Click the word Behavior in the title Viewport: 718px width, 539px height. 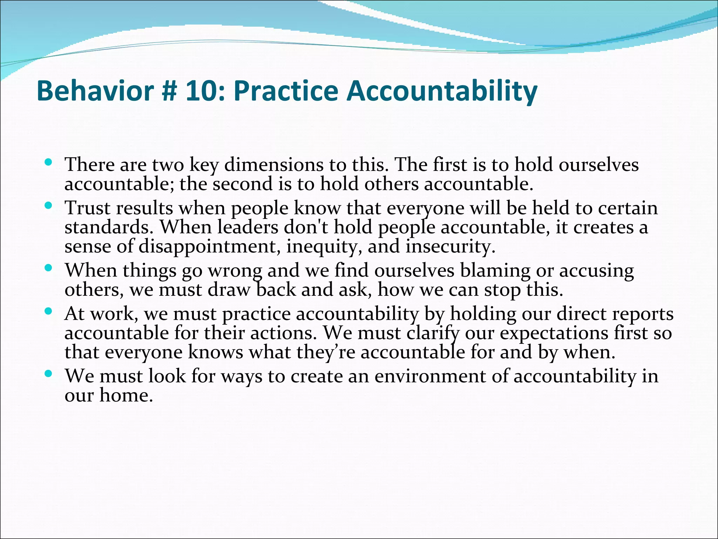point(95,91)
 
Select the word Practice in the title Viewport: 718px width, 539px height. point(285,91)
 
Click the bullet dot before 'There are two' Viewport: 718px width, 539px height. point(49,162)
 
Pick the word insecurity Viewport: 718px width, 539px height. point(450,246)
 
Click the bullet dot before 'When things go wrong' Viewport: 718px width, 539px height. point(49,268)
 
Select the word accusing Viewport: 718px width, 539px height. point(596,271)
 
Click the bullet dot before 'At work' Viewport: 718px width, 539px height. point(49,311)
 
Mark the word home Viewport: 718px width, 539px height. point(126,395)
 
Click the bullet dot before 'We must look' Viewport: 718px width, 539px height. point(49,374)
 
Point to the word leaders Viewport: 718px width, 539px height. point(248,227)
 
